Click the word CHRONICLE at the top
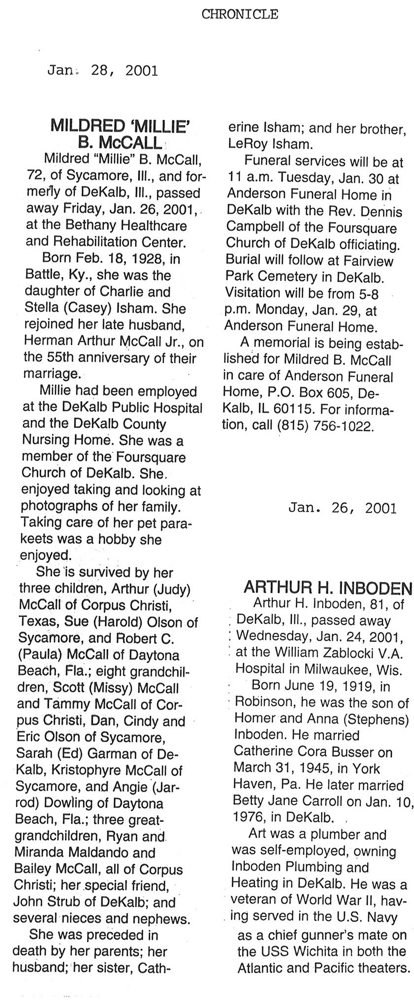point(240,15)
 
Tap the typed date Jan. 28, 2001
point(103,70)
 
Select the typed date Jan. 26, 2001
point(343,508)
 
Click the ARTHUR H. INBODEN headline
point(328,587)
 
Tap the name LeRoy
point(243,145)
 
